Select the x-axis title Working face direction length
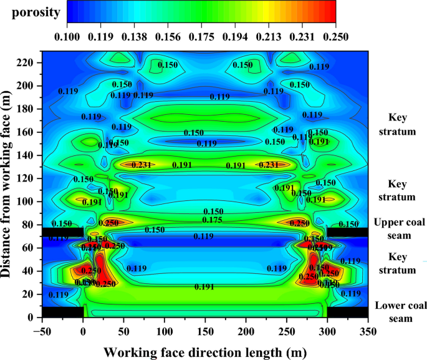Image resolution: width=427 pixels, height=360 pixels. pos(205,353)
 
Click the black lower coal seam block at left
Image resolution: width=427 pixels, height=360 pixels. pos(63,312)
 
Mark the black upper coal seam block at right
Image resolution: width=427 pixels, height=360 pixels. pos(347,232)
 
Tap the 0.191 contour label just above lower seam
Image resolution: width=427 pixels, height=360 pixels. pos(204,287)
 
